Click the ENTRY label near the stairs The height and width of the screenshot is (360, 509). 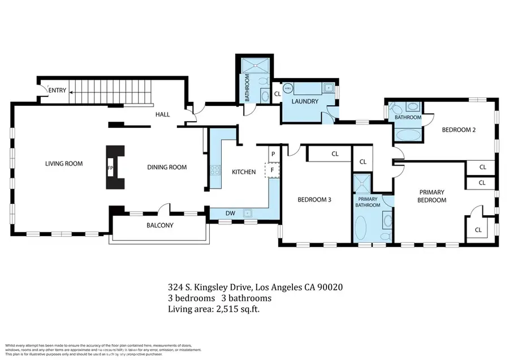58,91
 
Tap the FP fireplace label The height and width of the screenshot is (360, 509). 110,168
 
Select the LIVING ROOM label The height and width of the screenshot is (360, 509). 64,164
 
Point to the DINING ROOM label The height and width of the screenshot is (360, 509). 167,167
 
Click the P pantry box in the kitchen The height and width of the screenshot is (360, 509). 273,154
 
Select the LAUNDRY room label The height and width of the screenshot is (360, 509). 305,102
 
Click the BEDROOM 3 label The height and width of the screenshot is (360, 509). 313,199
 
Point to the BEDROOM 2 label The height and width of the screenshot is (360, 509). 458,130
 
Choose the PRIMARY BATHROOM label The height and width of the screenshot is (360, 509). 368,202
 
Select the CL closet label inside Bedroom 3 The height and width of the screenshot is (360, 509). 335,153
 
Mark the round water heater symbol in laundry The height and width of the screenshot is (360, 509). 288,88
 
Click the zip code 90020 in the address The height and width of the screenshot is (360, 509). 329,287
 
